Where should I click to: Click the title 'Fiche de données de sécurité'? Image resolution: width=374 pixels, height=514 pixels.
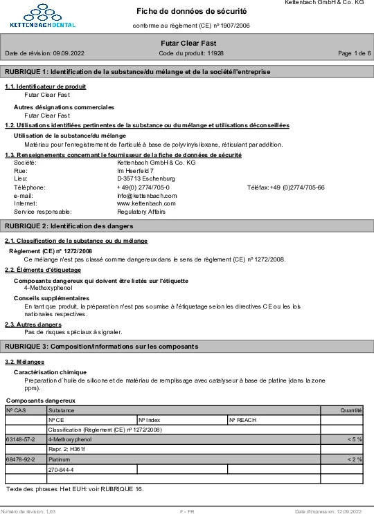tap(191, 11)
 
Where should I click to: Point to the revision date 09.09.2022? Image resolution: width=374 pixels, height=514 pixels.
tap(69, 53)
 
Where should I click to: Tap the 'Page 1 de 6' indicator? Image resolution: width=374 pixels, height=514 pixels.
tap(354, 53)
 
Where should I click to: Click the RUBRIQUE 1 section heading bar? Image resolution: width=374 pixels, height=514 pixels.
tap(187, 72)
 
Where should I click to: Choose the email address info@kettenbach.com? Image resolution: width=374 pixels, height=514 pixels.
tap(147, 196)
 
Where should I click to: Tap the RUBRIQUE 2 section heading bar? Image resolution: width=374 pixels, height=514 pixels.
tap(187, 226)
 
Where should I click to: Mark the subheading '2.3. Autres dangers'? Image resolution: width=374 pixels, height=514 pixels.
tap(33, 324)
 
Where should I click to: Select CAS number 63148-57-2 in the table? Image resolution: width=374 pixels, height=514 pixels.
tap(20, 439)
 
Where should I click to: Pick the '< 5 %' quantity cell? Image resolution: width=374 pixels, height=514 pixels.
tap(355, 439)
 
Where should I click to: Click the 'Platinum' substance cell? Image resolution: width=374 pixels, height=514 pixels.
tap(60, 459)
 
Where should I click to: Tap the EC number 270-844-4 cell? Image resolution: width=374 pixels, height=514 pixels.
tap(61, 469)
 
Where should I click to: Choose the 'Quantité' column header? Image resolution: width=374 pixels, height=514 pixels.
tap(351, 410)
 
